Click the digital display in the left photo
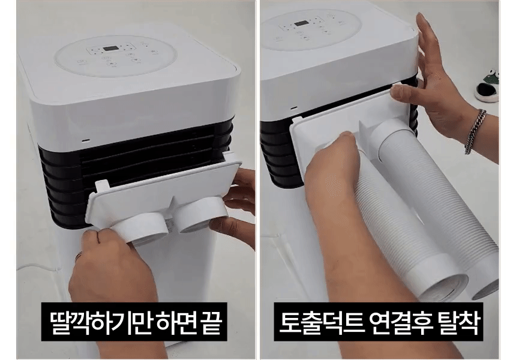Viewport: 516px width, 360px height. (108, 49)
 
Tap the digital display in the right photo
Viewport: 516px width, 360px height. (301, 23)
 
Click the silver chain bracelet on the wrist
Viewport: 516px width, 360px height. (475, 131)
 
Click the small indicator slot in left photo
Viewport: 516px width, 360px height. (86, 141)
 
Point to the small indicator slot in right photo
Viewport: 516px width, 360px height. (293, 107)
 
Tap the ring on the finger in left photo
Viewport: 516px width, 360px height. (79, 256)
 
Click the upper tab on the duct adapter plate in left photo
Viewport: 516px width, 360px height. (102, 186)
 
